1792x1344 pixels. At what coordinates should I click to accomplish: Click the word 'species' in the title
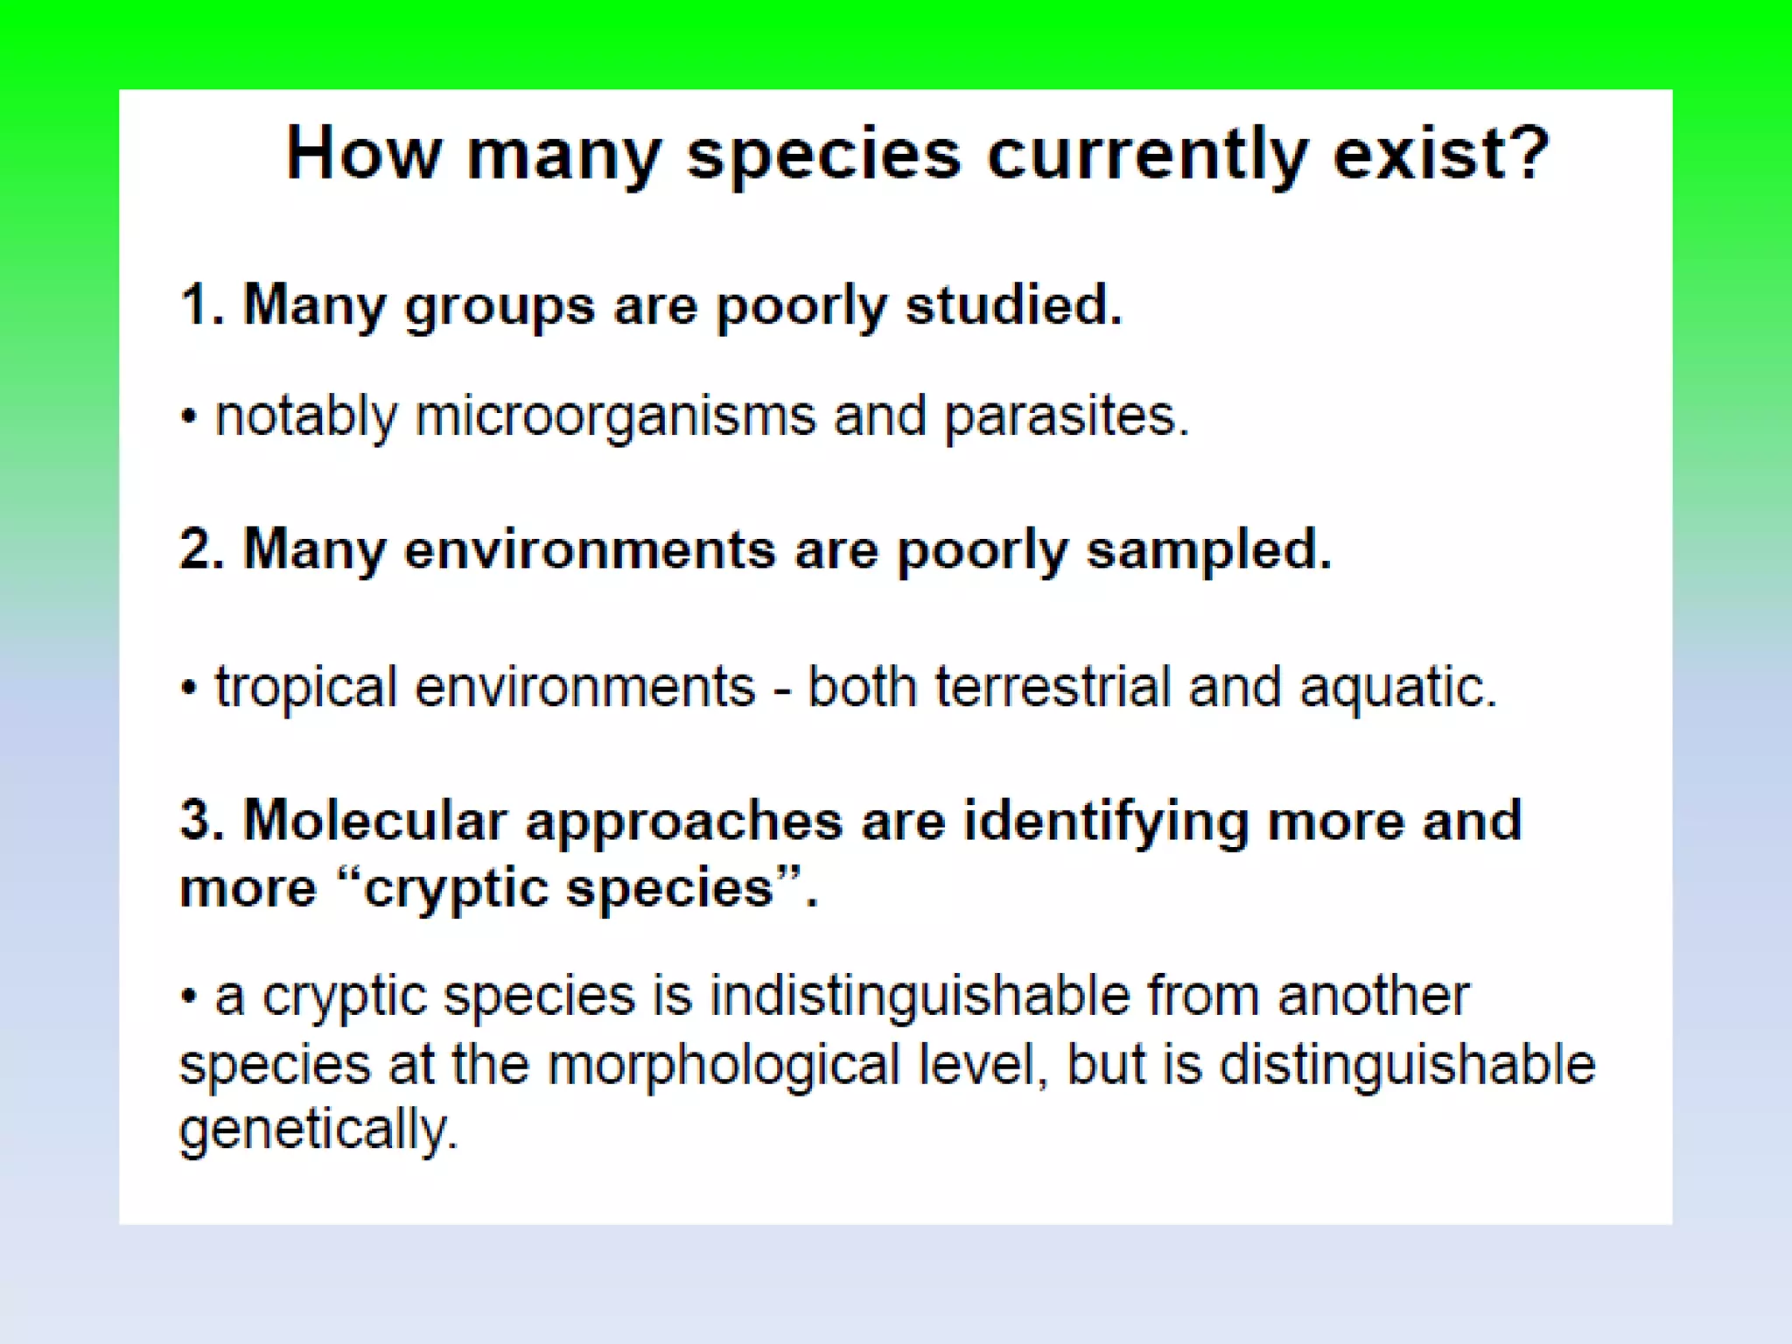[823, 156]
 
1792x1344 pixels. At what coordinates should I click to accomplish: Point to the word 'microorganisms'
[614, 416]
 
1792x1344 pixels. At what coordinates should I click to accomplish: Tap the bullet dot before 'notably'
[189, 417]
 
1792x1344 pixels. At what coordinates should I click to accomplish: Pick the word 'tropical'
[306, 689]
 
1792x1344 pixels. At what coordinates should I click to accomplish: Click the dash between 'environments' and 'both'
[781, 690]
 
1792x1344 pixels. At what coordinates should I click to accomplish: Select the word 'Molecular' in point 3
[374, 821]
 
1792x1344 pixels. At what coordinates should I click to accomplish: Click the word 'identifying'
[1104, 822]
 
